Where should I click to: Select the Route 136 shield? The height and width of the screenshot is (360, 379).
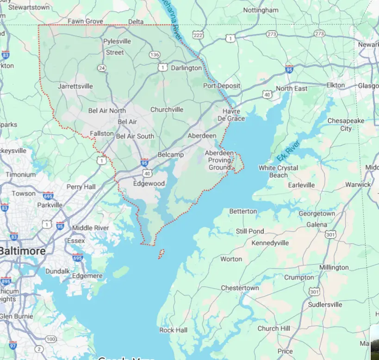pyautogui.click(x=155, y=55)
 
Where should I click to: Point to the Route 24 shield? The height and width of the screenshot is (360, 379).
pyautogui.click(x=102, y=68)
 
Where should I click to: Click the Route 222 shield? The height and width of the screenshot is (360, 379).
pyautogui.click(x=198, y=36)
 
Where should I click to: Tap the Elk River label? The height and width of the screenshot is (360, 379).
pyautogui.click(x=288, y=151)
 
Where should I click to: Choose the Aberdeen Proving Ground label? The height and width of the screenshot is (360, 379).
pyautogui.click(x=219, y=160)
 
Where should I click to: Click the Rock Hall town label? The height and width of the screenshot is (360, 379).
pyautogui.click(x=173, y=330)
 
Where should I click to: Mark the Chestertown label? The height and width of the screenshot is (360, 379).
pyautogui.click(x=240, y=288)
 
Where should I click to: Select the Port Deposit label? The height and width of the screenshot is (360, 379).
pyautogui.click(x=222, y=86)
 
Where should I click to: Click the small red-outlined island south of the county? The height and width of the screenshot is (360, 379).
pyautogui.click(x=162, y=254)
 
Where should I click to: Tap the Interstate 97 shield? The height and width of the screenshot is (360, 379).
pyautogui.click(x=13, y=345)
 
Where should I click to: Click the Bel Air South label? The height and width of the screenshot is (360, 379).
pyautogui.click(x=135, y=136)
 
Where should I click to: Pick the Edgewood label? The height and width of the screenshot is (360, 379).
pyautogui.click(x=149, y=183)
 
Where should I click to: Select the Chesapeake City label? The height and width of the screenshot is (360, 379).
pyautogui.click(x=346, y=125)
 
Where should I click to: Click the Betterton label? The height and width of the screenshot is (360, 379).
pyautogui.click(x=243, y=211)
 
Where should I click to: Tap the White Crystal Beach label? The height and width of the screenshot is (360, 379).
pyautogui.click(x=278, y=171)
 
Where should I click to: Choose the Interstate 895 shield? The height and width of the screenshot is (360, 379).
pyautogui.click(x=6, y=281)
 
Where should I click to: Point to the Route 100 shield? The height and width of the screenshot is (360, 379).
pyautogui.click(x=50, y=340)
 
